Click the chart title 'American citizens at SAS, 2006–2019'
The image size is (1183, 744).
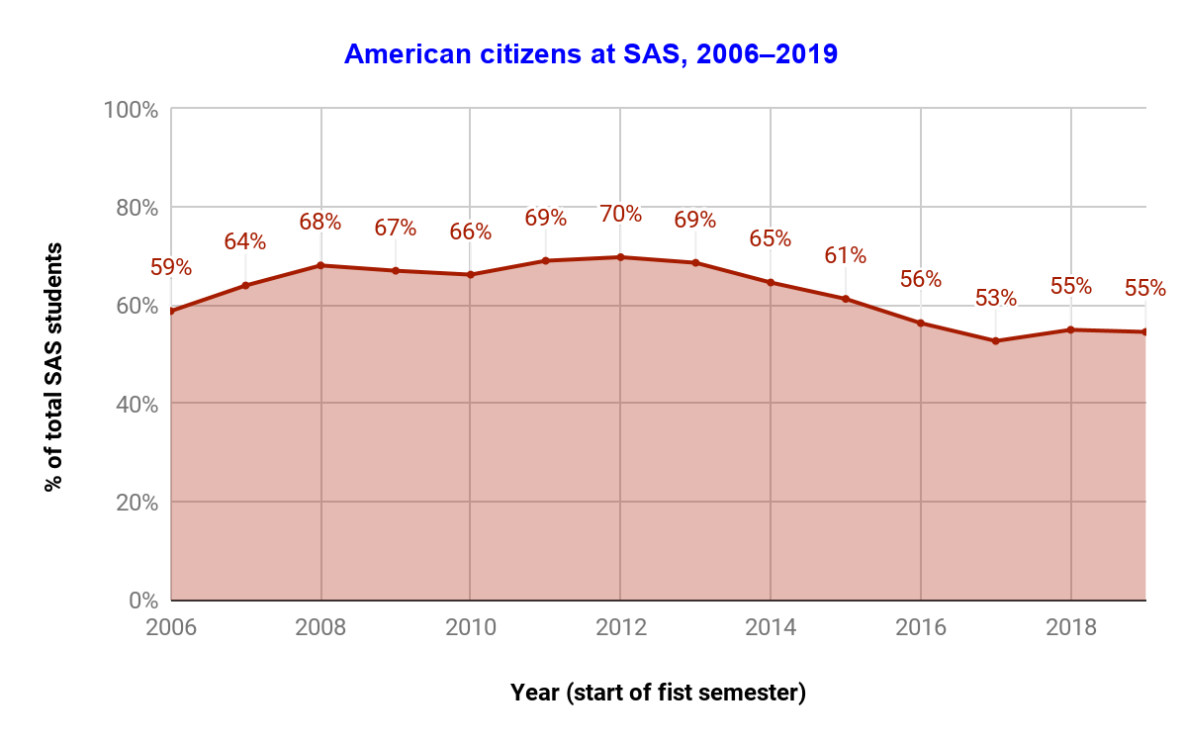(591, 54)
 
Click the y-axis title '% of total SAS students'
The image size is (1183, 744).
(53, 368)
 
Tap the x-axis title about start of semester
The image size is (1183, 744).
(658, 693)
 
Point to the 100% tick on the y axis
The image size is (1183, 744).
(131, 109)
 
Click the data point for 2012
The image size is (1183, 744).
(620, 257)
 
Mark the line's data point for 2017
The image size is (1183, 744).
(996, 341)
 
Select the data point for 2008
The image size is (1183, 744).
(320, 265)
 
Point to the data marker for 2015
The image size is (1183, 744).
(846, 299)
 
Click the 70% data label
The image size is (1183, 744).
(620, 214)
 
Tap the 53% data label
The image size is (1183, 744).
(995, 298)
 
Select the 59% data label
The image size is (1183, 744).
(171, 267)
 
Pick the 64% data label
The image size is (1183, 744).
(244, 241)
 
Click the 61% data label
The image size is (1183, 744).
(846, 255)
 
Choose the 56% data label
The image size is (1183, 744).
(920, 279)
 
